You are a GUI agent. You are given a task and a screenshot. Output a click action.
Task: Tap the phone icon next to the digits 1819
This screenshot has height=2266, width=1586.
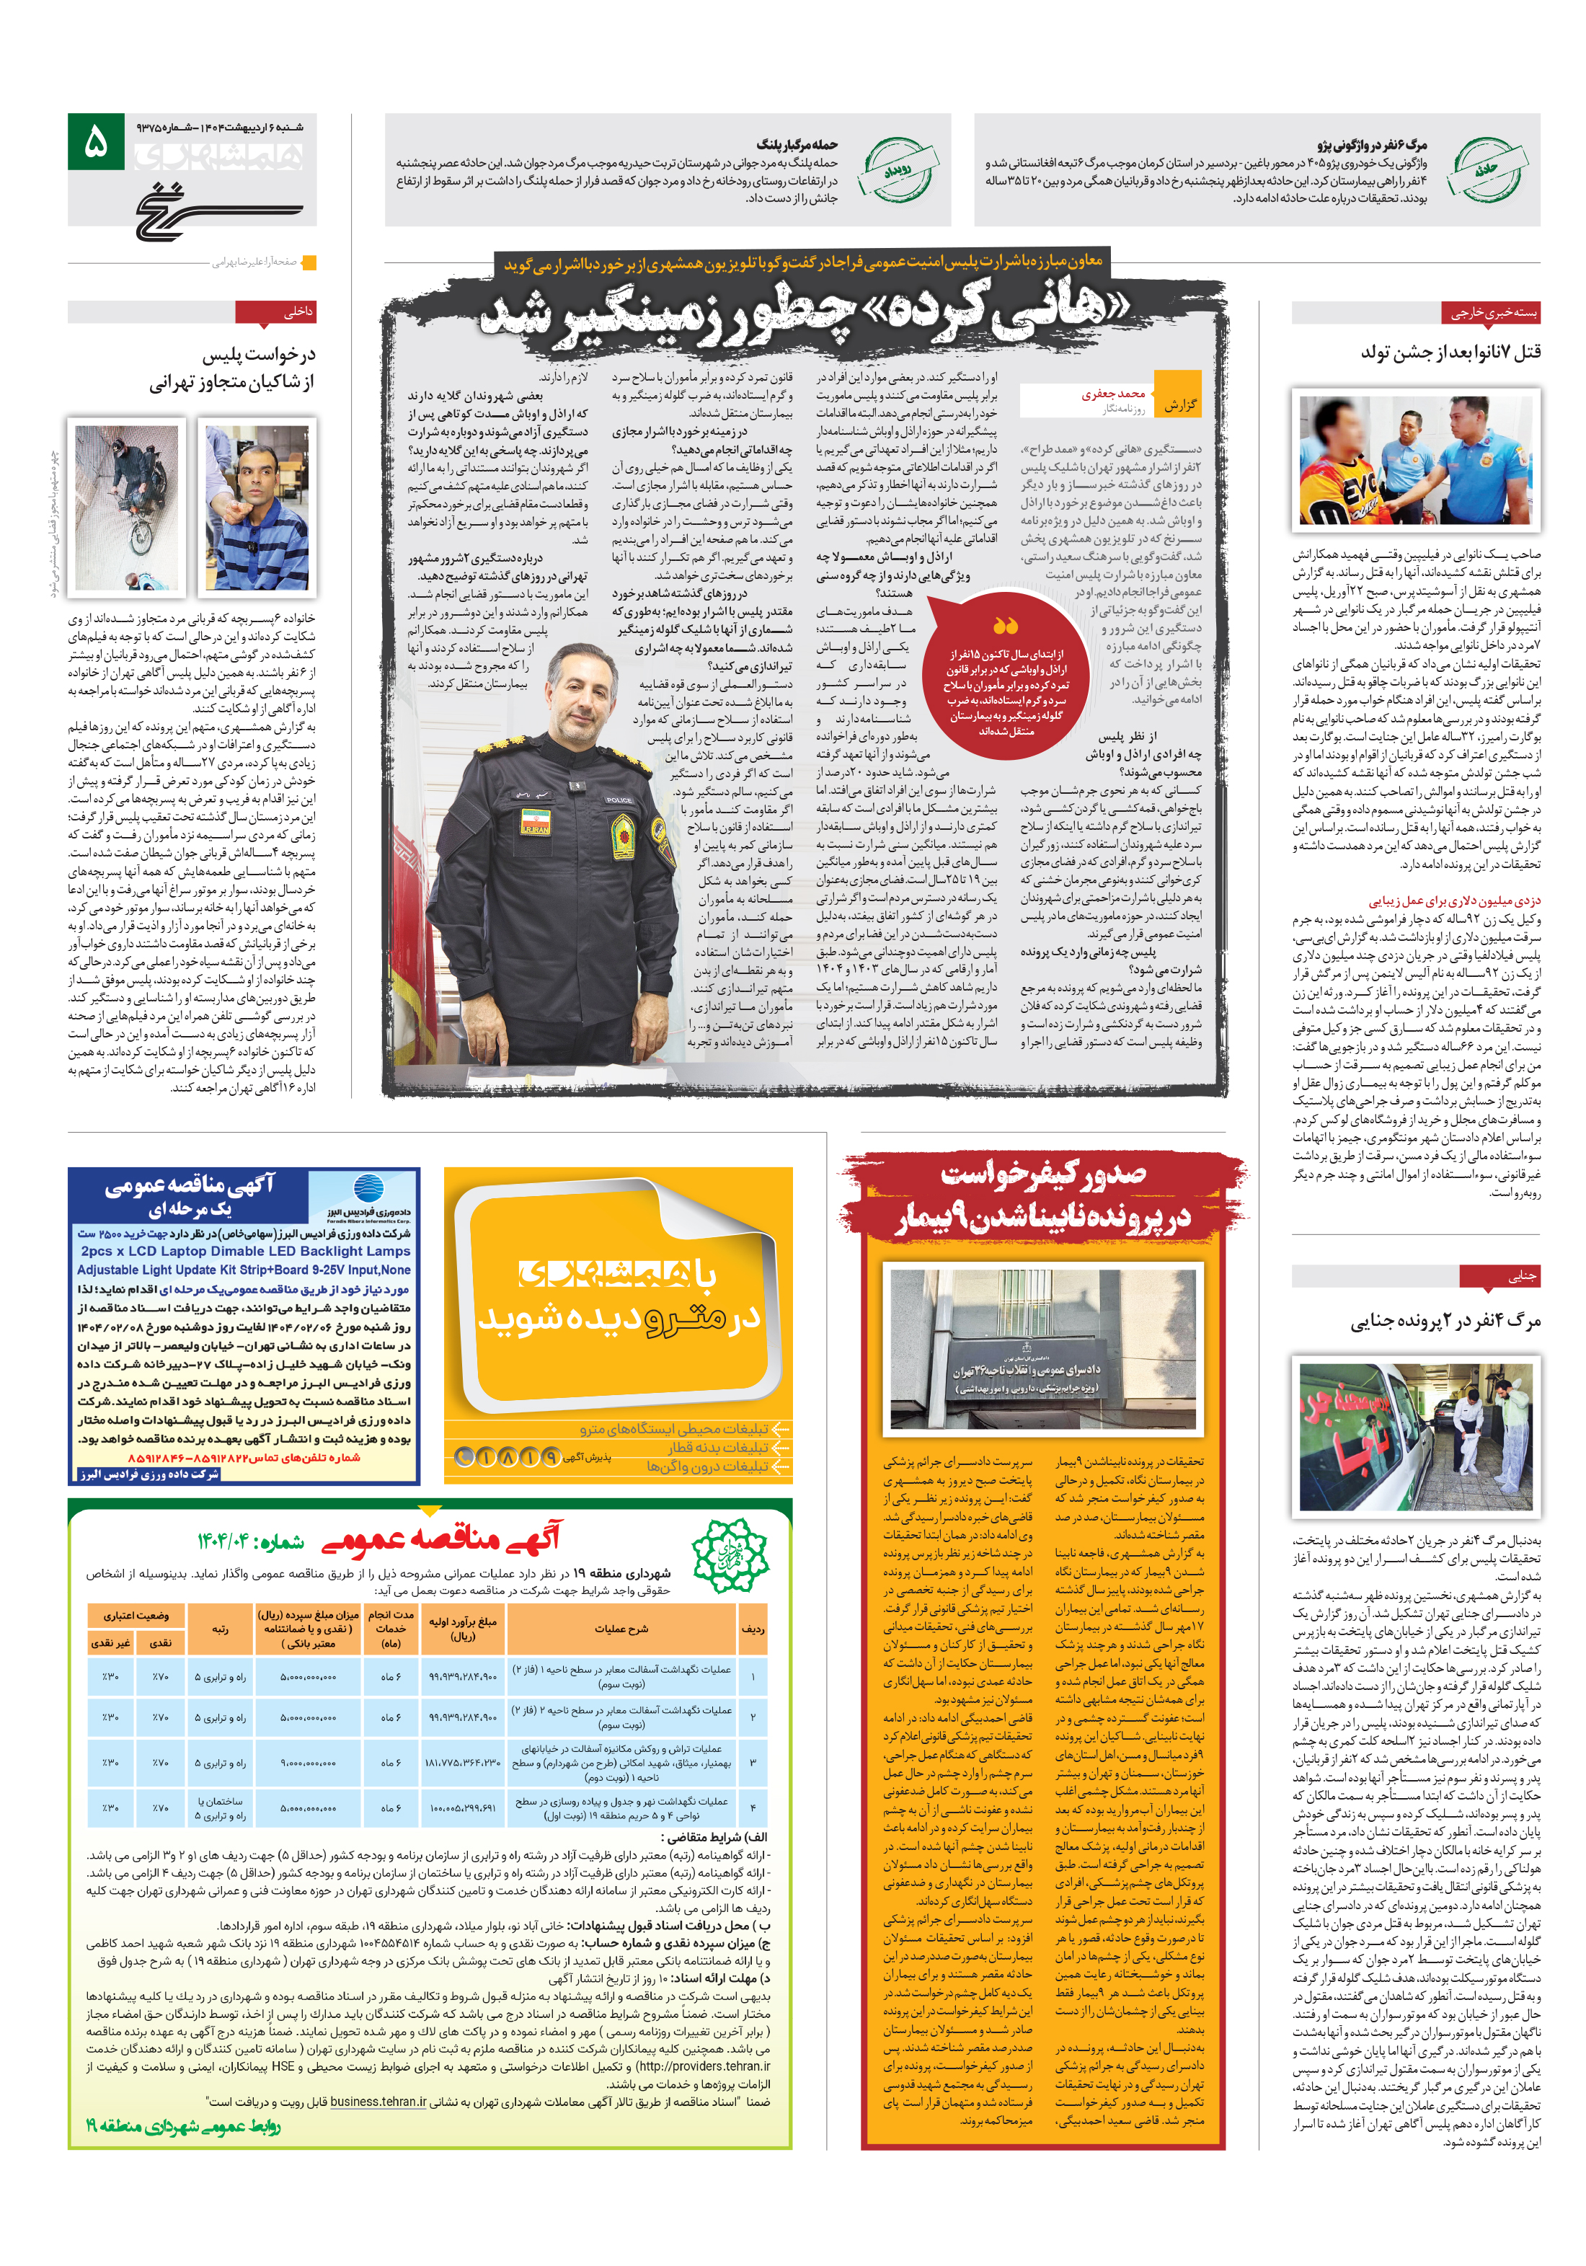coord(465,1456)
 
